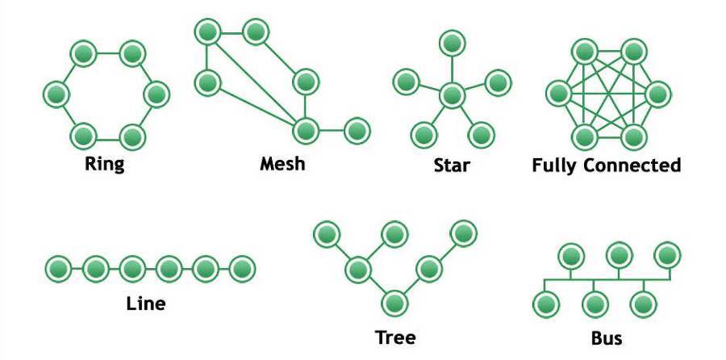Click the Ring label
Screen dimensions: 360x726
coord(105,165)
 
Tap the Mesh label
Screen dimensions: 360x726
coord(282,164)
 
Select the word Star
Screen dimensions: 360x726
coord(451,165)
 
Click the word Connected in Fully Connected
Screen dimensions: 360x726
coord(631,165)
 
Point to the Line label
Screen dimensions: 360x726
coord(146,304)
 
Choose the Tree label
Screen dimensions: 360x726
coord(395,335)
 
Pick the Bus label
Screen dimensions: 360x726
coord(606,335)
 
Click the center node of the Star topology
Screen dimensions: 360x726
coord(452,95)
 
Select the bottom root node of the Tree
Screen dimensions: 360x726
coord(394,303)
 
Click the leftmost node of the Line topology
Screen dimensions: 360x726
coord(58,268)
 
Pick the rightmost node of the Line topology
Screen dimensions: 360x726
coord(242,268)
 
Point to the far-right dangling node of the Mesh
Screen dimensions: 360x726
coord(356,129)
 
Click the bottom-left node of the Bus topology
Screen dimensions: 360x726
coord(546,304)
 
